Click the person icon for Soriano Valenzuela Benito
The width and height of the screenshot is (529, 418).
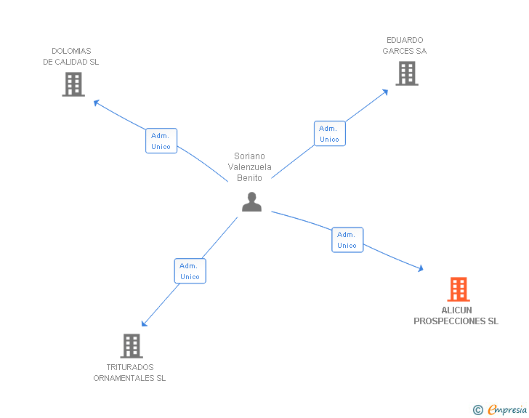click(x=251, y=202)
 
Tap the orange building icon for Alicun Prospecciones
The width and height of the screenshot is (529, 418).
click(x=458, y=289)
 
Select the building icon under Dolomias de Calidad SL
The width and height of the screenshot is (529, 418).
click(x=73, y=84)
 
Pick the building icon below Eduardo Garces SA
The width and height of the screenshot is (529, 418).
click(x=407, y=73)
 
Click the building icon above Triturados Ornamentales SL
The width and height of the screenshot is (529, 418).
click(x=132, y=346)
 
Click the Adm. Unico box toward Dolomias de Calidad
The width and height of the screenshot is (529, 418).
click(x=161, y=141)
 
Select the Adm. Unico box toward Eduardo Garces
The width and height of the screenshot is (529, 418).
click(x=329, y=134)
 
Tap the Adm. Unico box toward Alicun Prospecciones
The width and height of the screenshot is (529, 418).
click(x=347, y=240)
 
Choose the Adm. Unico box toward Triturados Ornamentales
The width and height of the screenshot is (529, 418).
click(x=190, y=271)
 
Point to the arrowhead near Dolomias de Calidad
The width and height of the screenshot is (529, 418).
click(x=96, y=103)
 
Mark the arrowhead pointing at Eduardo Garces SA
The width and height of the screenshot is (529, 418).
click(x=386, y=91)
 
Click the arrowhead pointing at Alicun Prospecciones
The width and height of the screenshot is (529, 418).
click(x=420, y=269)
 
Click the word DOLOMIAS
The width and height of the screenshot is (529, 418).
click(x=71, y=51)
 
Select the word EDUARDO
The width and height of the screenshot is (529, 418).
click(x=405, y=40)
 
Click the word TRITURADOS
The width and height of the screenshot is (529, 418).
click(x=130, y=367)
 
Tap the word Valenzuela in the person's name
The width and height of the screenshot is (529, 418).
click(x=250, y=167)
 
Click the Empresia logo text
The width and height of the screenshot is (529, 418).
click(x=506, y=410)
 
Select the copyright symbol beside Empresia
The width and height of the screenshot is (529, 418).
click(x=477, y=411)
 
